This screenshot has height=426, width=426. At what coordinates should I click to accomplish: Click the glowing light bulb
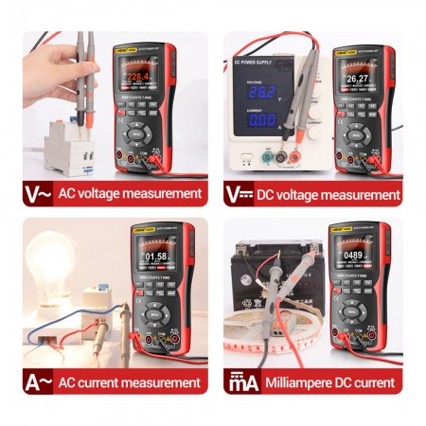(50, 257)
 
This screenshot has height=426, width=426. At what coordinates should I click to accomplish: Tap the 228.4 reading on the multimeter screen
(139, 78)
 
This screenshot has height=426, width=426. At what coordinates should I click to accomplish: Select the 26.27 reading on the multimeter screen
(357, 79)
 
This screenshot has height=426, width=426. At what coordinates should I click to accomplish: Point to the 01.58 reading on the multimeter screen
(155, 256)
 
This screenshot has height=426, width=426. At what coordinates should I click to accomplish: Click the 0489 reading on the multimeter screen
(354, 255)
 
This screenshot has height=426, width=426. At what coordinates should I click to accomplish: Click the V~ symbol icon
(38, 194)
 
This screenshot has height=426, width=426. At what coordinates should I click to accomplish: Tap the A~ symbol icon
(38, 382)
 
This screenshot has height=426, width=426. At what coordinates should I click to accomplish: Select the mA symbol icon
(239, 382)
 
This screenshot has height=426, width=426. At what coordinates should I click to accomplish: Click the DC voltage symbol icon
(239, 194)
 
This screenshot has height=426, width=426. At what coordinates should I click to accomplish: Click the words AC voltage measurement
(130, 194)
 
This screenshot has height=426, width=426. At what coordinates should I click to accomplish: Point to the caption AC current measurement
(130, 382)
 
